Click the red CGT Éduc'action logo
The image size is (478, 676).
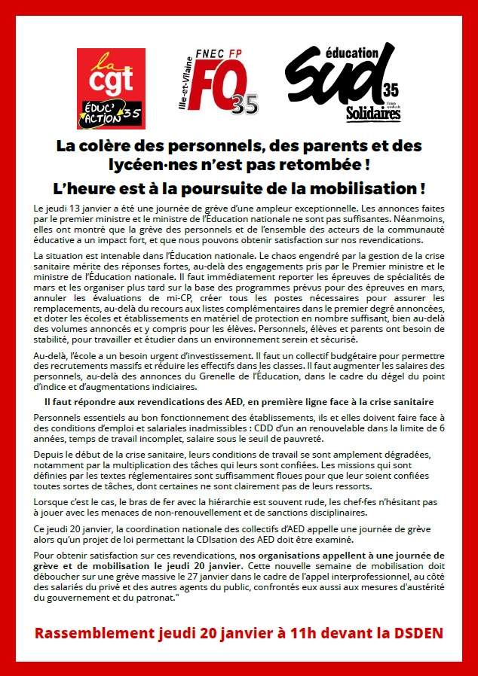click(x=112, y=88)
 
